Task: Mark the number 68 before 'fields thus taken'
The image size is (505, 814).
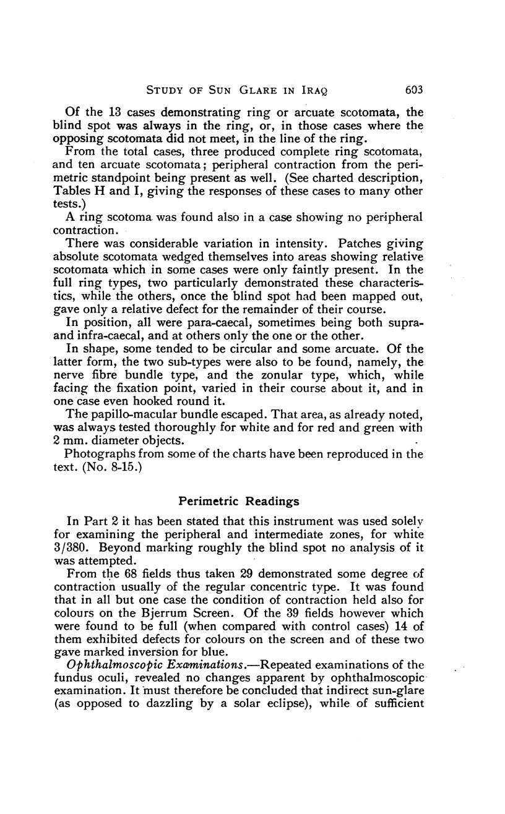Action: point(142,573)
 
